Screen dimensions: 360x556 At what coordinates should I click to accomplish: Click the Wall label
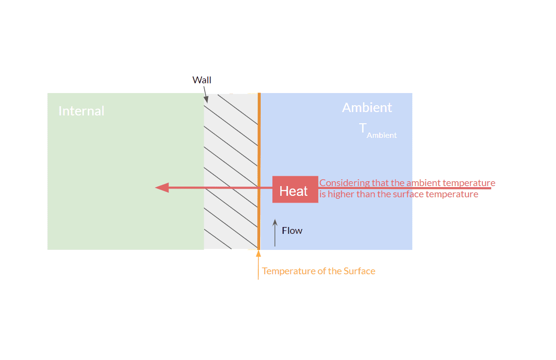coord(202,80)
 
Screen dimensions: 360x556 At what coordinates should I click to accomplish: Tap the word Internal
coord(81,111)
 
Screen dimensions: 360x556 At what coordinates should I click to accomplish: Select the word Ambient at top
coord(367,108)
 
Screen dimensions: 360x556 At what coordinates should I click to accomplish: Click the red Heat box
coord(295,189)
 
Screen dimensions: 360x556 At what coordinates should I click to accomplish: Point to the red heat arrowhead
coord(162,188)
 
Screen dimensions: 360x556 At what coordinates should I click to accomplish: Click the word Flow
coord(292,230)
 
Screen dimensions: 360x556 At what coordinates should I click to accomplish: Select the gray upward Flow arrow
coord(275,233)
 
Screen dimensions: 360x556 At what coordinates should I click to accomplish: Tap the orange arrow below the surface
coord(258,265)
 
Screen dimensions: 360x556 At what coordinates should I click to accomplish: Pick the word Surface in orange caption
coord(359,271)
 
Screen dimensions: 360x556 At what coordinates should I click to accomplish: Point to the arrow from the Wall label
coord(206,95)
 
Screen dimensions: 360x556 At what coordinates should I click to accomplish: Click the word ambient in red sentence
coord(424,183)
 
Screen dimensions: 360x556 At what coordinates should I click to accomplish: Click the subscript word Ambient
coord(382,135)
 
